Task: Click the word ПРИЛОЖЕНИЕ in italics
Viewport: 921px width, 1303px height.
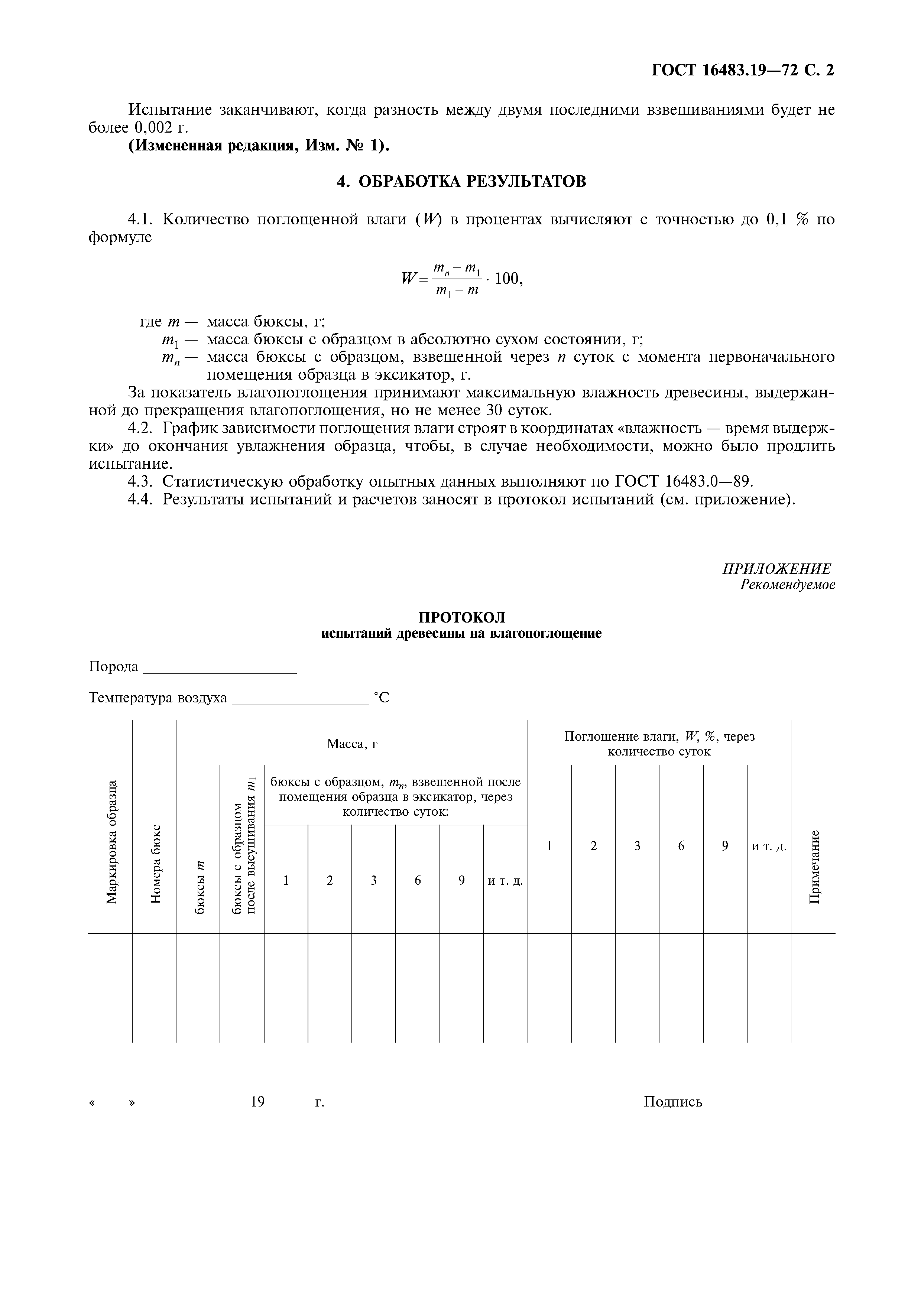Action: click(776, 569)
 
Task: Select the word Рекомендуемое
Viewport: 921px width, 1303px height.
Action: click(787, 585)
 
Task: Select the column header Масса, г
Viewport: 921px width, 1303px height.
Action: click(352, 744)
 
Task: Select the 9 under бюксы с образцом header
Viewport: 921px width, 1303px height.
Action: click(461, 881)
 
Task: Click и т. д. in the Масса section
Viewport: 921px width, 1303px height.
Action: click(505, 881)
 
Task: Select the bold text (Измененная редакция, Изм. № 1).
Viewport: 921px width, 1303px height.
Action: click(259, 146)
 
